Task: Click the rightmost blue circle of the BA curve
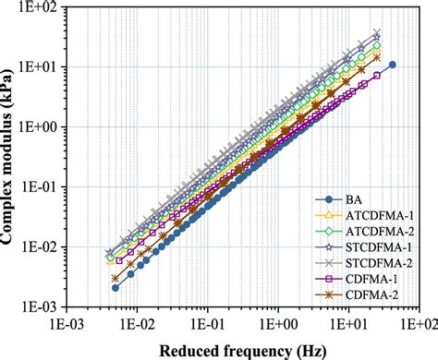point(393,65)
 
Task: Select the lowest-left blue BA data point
point(115,288)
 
